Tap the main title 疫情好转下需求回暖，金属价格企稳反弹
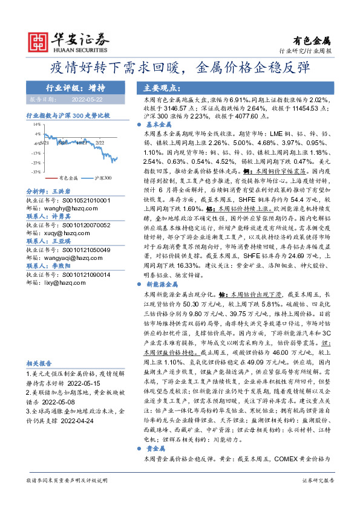(x=180, y=66)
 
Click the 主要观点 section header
(x=160, y=86)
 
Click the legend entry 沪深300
(x=102, y=179)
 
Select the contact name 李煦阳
(x=62, y=265)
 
